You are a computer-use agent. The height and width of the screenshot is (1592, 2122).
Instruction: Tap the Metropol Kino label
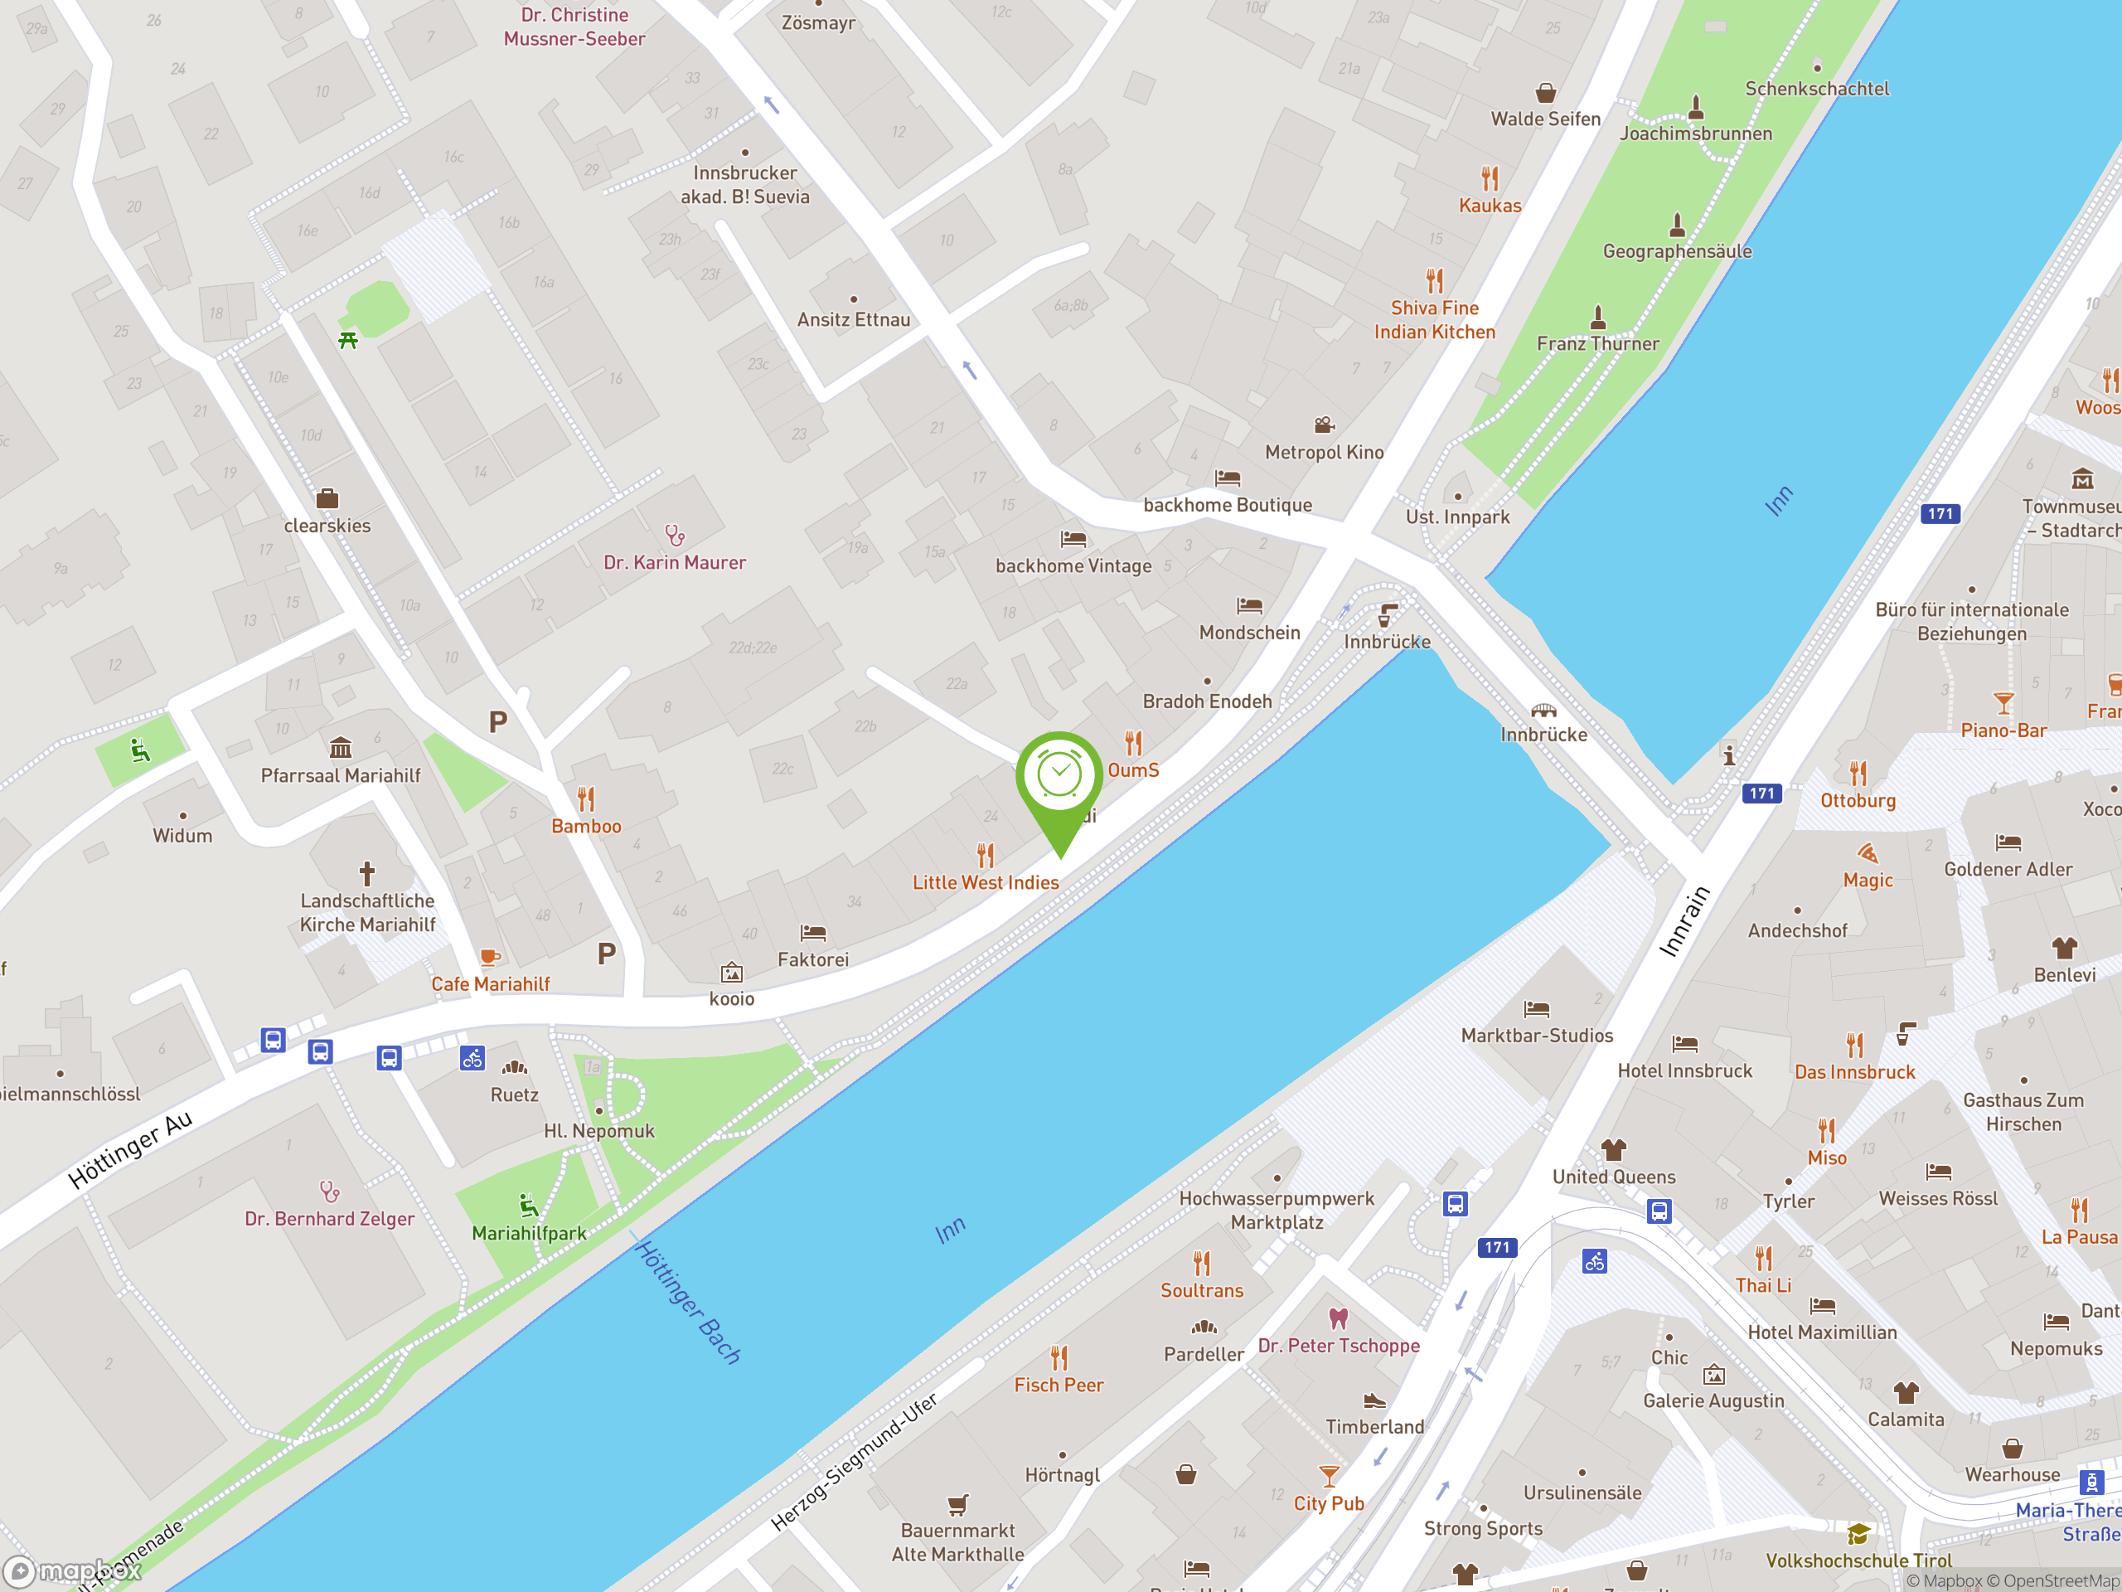(1324, 452)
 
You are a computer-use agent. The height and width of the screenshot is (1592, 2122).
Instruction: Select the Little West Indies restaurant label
(986, 882)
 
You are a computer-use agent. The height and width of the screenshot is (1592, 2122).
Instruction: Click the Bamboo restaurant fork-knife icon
(586, 798)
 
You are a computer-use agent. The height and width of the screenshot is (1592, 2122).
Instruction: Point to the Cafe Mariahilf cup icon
(490, 957)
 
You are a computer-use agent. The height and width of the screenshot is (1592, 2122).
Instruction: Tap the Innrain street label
(1684, 921)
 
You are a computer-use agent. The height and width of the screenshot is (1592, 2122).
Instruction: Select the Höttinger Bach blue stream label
(688, 1301)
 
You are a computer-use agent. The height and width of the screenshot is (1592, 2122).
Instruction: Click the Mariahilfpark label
(529, 1233)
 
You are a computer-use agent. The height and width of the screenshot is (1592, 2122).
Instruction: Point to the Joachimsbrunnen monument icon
(1696, 108)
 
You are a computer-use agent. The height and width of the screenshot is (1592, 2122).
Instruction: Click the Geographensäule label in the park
(1677, 251)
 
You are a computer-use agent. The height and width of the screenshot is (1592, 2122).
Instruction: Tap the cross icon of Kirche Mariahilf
(366, 873)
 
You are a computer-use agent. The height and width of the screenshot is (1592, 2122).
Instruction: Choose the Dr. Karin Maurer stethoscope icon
(675, 535)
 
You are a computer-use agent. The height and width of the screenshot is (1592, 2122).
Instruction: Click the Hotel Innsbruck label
(1684, 1071)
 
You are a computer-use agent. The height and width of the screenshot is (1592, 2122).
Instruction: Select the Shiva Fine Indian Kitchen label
(1434, 319)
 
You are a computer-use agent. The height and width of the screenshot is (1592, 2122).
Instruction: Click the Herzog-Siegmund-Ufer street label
(855, 1463)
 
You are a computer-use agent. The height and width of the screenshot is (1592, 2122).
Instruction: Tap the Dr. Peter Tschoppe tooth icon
(1338, 1318)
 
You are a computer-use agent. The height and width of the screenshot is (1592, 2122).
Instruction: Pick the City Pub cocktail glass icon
(1329, 1475)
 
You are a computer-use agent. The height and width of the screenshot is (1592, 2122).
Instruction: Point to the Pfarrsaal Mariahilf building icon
(341, 748)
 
